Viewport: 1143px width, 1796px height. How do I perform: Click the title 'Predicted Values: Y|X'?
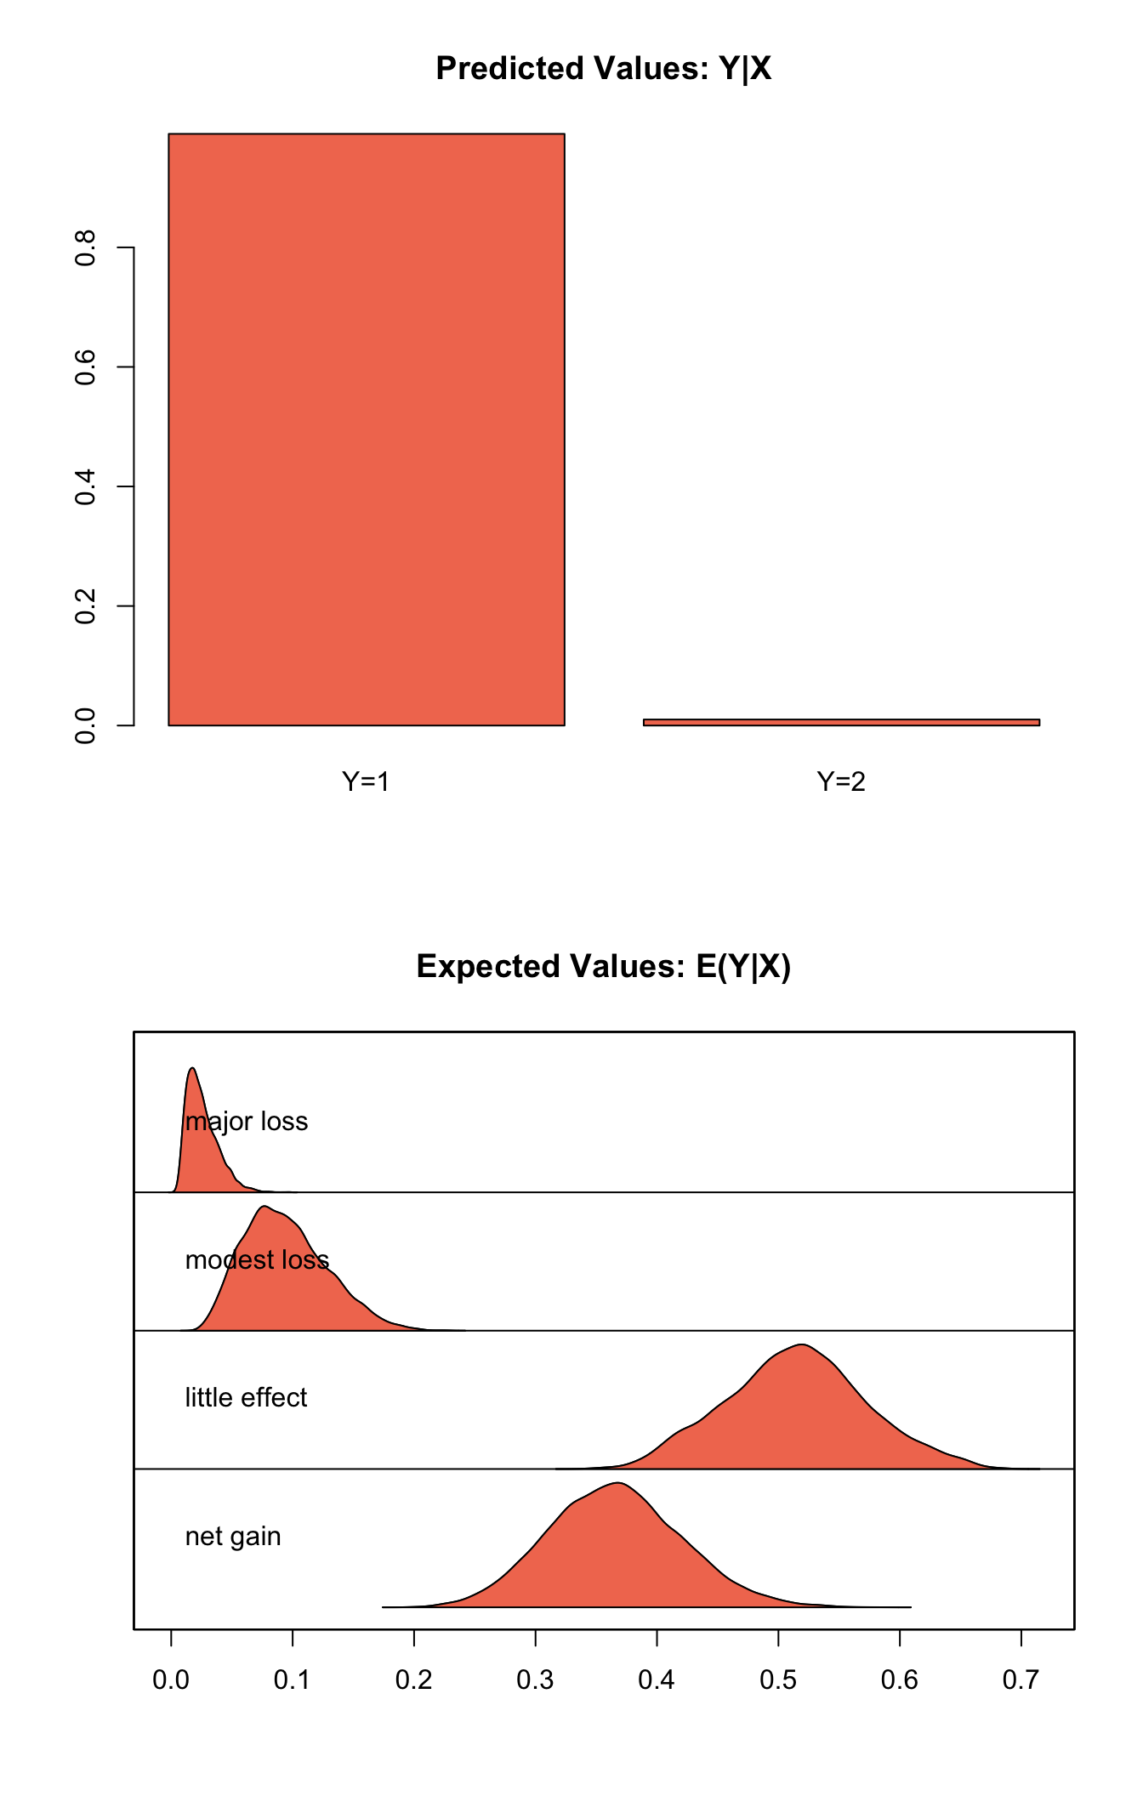click(x=603, y=69)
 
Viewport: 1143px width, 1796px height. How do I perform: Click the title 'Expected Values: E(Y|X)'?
click(x=603, y=967)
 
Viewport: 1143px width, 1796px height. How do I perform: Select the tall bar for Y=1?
click(x=366, y=429)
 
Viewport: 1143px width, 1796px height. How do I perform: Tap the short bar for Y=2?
click(x=841, y=722)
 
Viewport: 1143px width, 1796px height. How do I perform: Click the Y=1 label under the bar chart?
click(x=366, y=781)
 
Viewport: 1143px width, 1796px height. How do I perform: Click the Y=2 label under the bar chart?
click(x=841, y=781)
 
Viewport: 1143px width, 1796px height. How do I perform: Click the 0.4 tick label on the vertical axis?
click(x=85, y=486)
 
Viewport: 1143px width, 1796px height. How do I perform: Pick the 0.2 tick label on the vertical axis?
click(x=85, y=605)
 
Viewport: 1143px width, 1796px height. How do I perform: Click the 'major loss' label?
click(x=247, y=1122)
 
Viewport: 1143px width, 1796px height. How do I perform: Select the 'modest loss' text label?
click(x=257, y=1259)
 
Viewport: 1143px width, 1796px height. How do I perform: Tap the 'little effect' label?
click(x=246, y=1397)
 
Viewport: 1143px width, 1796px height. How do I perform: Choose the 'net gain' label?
click(x=233, y=1537)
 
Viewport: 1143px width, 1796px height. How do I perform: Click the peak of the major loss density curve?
click(x=192, y=1069)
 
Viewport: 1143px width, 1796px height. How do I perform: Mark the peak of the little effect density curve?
click(x=801, y=1344)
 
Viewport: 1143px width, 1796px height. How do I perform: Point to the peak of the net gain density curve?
click(x=619, y=1483)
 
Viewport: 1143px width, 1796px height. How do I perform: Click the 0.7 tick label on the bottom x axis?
click(x=1021, y=1680)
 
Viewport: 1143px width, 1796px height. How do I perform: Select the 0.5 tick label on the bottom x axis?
click(x=778, y=1680)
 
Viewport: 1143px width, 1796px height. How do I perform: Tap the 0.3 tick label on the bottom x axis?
click(x=535, y=1680)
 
